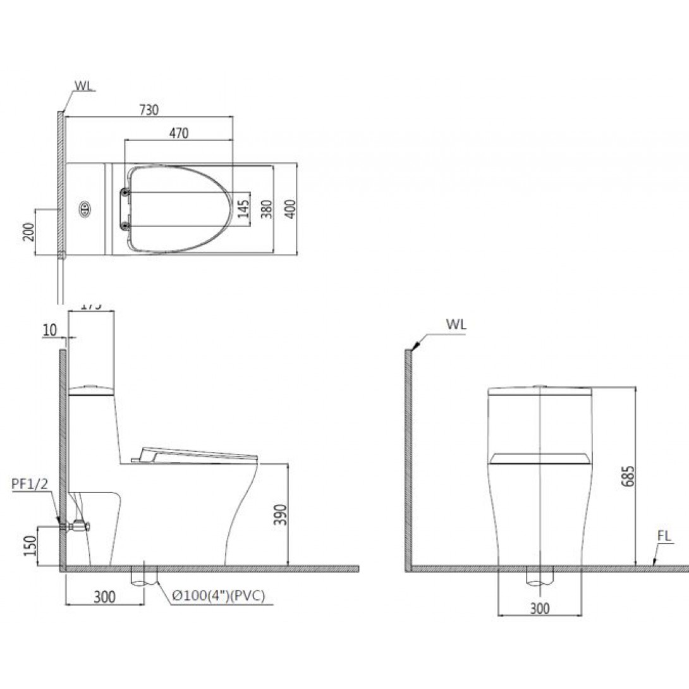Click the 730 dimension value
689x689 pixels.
149,109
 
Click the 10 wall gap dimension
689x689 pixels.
51,329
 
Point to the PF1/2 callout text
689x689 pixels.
30,484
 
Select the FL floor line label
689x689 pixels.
663,537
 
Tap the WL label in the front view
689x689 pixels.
456,324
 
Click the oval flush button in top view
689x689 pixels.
84,209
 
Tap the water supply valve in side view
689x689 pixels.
78,524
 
